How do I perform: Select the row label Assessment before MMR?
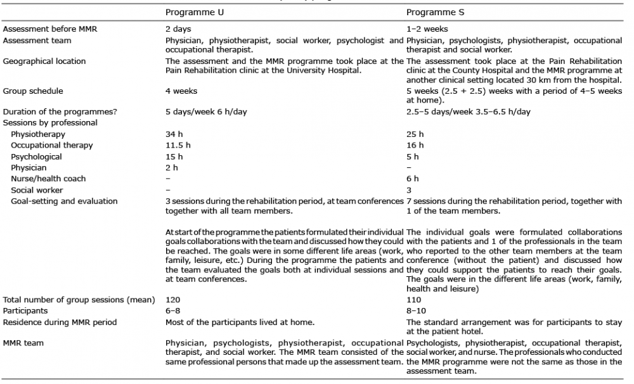(x=50, y=29)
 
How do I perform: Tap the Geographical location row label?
(x=44, y=61)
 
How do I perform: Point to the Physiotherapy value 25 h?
(x=415, y=134)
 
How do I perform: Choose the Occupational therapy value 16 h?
(x=415, y=145)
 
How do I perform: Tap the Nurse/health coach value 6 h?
(x=412, y=179)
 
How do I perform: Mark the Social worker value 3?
(x=409, y=190)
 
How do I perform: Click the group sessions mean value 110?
(x=414, y=299)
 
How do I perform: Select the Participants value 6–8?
(x=173, y=310)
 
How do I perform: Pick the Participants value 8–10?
(x=416, y=310)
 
